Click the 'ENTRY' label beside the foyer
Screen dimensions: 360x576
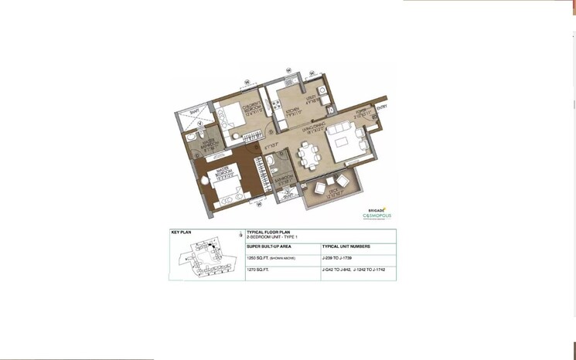point(382,107)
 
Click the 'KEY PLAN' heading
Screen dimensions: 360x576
point(181,231)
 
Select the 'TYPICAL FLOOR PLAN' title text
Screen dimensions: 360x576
point(268,231)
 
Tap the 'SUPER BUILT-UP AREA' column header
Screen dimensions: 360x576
point(268,246)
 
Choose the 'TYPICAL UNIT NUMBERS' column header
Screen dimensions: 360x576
point(346,246)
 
